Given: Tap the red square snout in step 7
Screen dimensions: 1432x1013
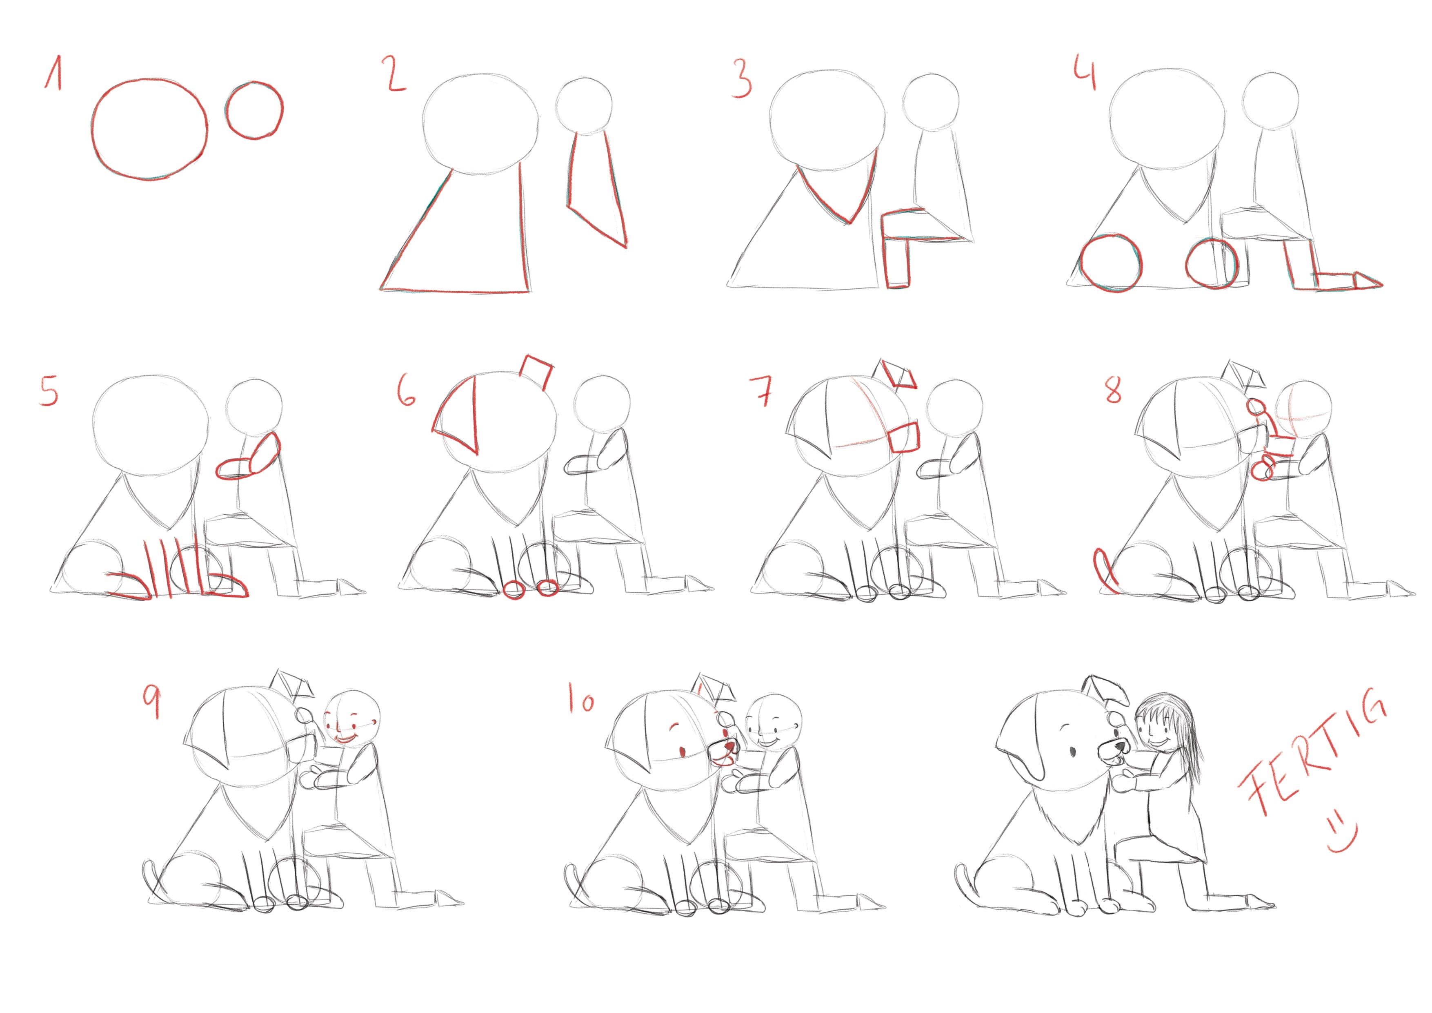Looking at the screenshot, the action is pos(904,436).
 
